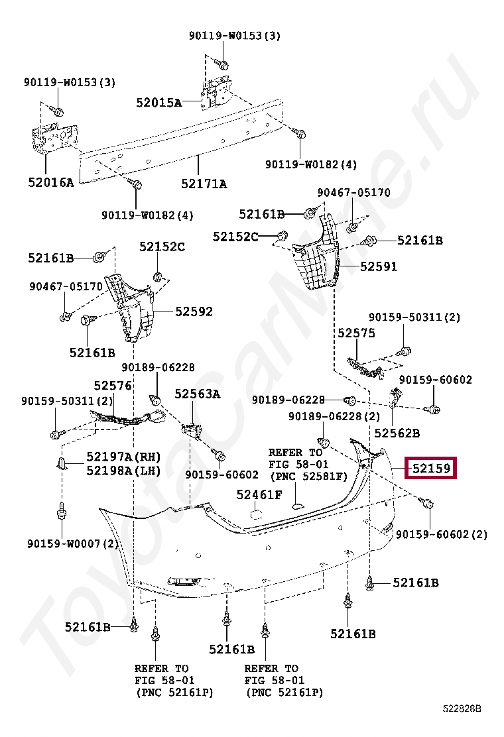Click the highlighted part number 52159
[431, 469]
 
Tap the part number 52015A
[158, 102]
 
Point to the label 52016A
[51, 182]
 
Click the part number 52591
[379, 266]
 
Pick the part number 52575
[356, 333]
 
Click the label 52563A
[197, 394]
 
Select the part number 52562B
[397, 433]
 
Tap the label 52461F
[259, 494]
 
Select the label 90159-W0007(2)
[72, 543]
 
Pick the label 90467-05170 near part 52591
[353, 193]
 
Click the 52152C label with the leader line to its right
[235, 236]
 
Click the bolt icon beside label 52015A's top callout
[223, 64]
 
